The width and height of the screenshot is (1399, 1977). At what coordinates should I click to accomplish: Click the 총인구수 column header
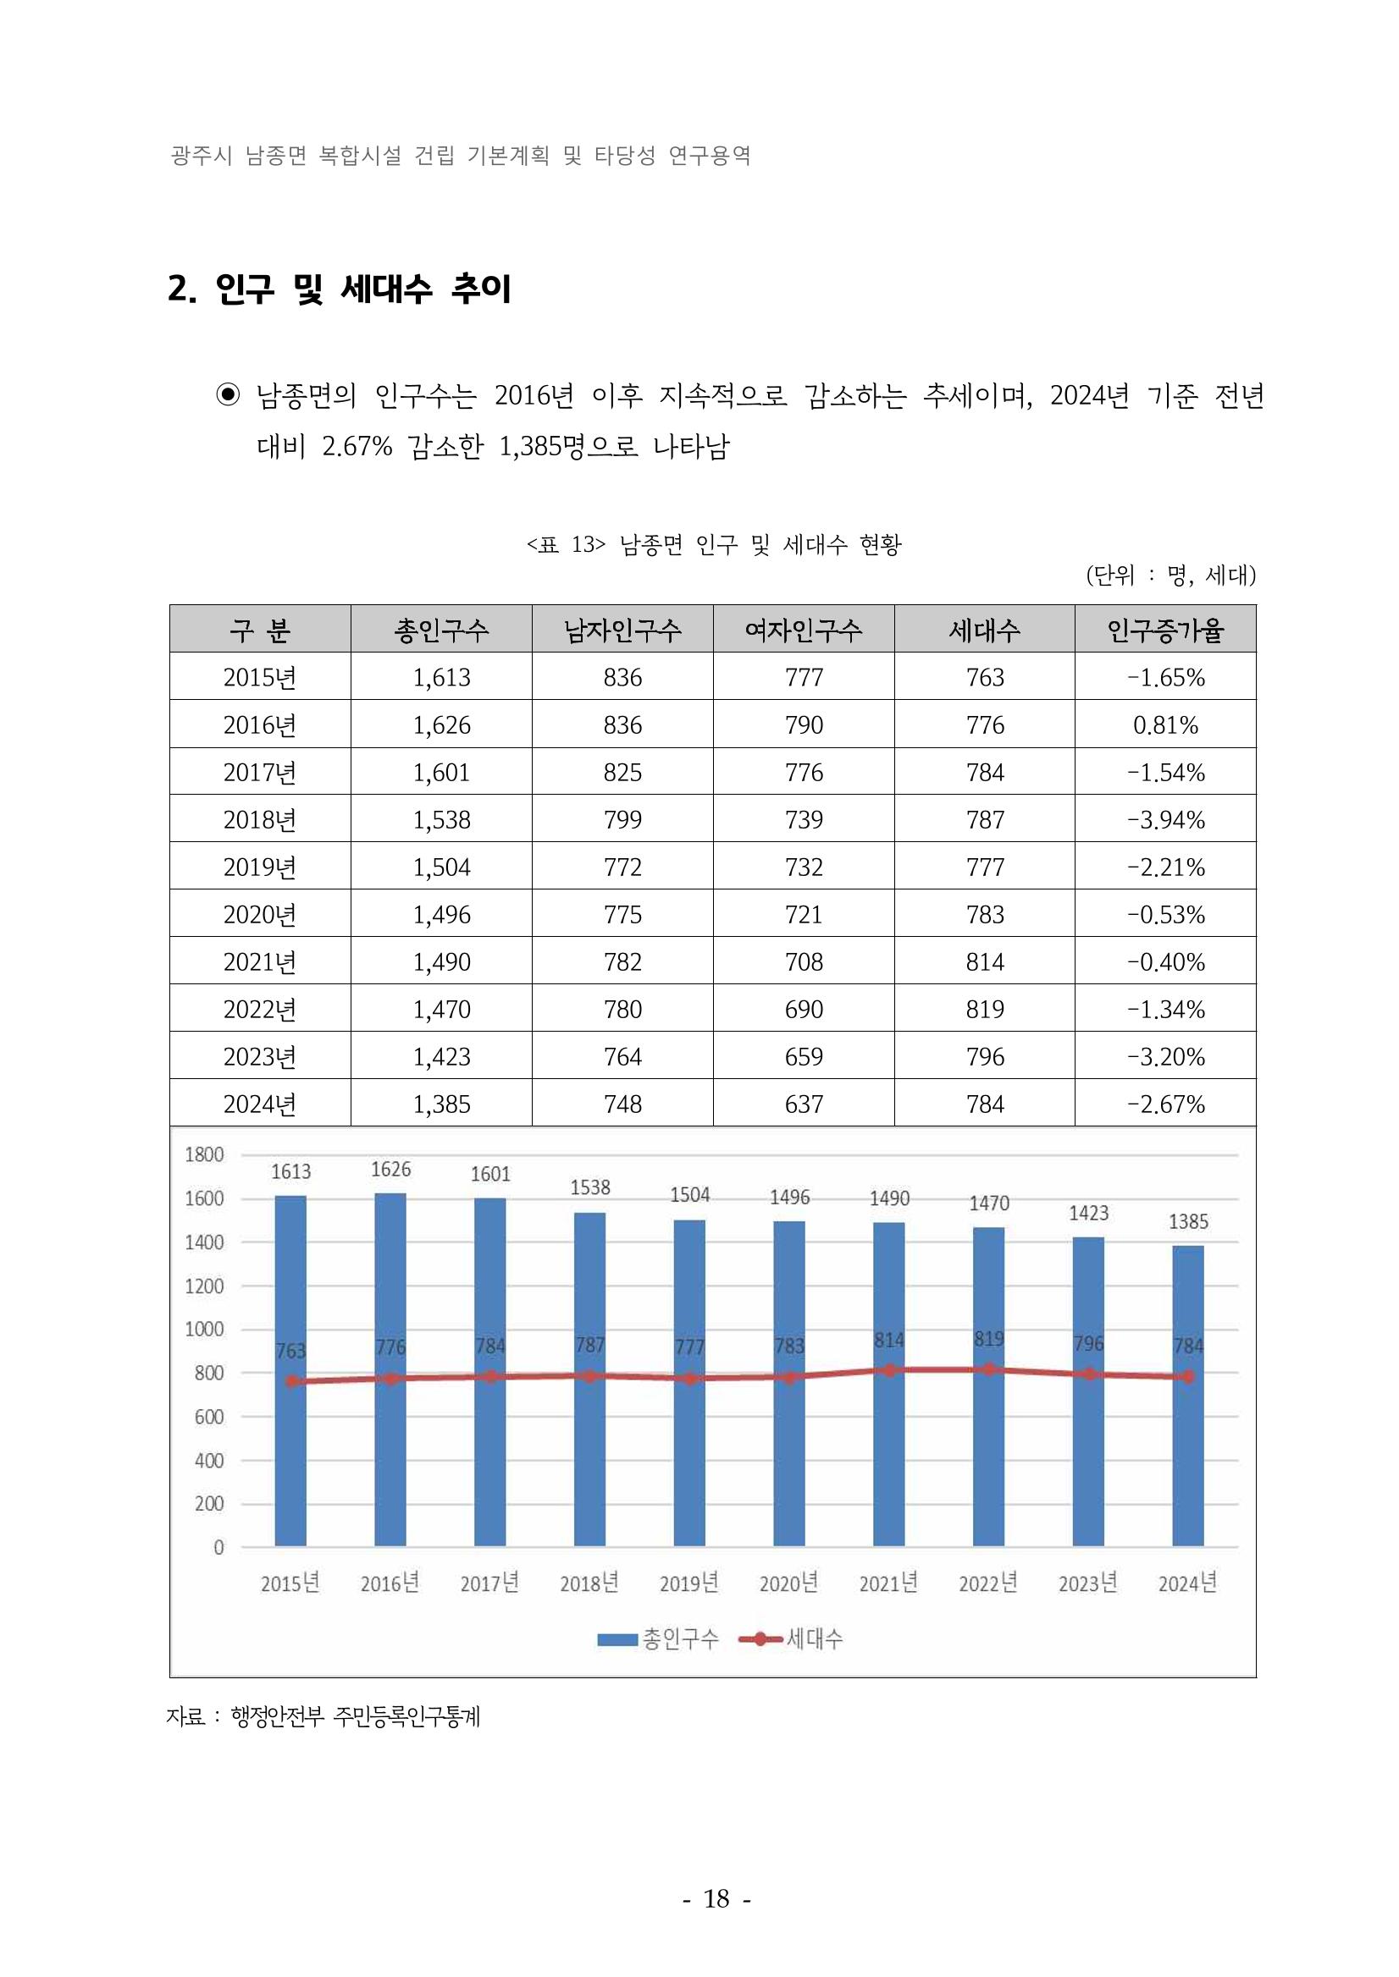click(441, 631)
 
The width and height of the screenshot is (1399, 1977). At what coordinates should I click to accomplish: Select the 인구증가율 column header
click(1164, 631)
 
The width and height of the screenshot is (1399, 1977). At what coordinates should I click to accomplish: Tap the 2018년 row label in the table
click(259, 819)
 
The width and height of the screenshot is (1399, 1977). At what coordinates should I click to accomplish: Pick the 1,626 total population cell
click(441, 725)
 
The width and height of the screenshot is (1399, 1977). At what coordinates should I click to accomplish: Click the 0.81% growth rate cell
click(1164, 725)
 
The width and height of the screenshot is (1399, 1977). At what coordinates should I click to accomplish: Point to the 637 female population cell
click(803, 1104)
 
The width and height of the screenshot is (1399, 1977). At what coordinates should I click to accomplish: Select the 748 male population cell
click(622, 1104)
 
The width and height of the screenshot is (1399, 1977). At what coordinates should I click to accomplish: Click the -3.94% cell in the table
click(1164, 819)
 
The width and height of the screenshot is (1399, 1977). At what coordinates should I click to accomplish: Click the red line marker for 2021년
click(889, 1370)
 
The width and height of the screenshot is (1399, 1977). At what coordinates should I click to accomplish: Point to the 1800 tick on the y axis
click(204, 1154)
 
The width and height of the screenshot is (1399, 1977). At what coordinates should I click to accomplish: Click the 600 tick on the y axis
click(208, 1417)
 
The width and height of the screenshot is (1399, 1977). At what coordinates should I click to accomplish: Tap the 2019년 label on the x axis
click(689, 1583)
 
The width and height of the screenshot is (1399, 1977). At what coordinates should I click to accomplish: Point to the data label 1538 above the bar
click(590, 1187)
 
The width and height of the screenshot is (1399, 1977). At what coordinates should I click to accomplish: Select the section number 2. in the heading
click(181, 289)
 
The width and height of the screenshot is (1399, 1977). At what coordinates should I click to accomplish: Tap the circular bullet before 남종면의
click(228, 395)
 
